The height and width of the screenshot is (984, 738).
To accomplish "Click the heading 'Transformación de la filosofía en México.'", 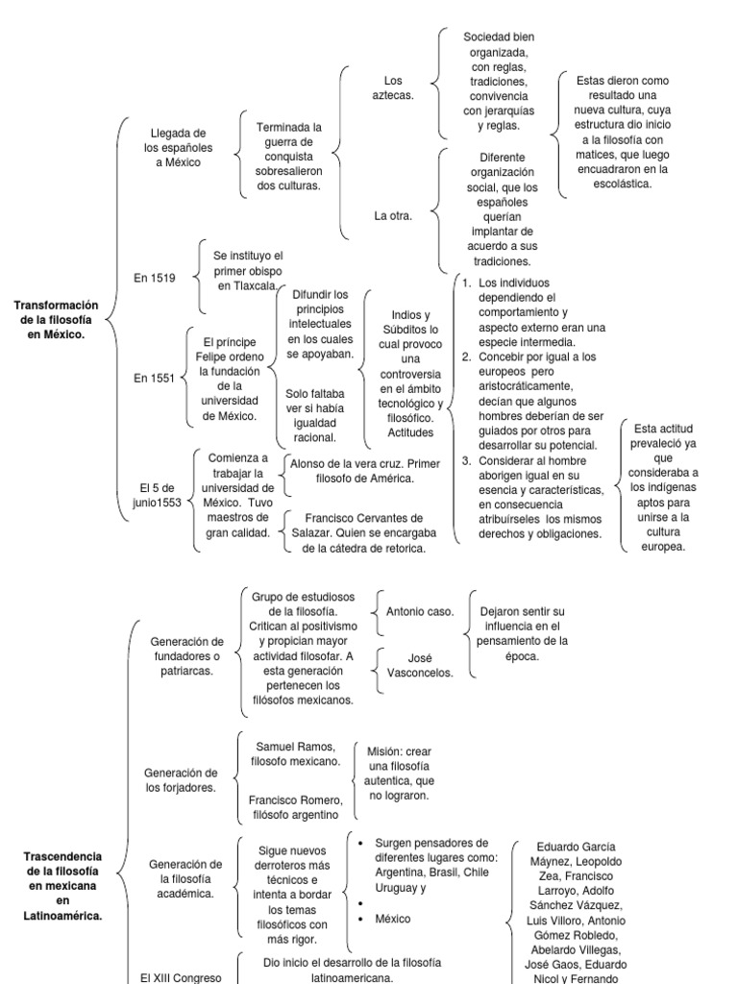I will (x=57, y=320).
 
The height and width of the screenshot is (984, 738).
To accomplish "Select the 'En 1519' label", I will (x=156, y=278).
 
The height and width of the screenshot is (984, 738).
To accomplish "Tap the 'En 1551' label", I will (x=154, y=379).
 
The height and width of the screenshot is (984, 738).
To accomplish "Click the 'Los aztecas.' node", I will (x=392, y=87).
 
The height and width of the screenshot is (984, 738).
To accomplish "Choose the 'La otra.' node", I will (x=393, y=215).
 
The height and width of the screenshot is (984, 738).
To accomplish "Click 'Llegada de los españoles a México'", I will (x=180, y=148).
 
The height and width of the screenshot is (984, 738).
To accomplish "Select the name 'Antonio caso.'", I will (x=420, y=611).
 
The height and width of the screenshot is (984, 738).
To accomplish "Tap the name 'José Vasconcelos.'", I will (x=417, y=666).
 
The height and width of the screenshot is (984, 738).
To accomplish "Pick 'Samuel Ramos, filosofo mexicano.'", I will (x=295, y=753).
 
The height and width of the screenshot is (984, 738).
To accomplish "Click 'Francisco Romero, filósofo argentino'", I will (x=295, y=807).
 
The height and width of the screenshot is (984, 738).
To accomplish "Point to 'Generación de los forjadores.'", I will (x=181, y=779).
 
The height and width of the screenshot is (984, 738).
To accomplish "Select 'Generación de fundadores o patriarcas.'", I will (x=187, y=655).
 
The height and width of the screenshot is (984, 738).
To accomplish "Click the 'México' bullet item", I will (x=393, y=919).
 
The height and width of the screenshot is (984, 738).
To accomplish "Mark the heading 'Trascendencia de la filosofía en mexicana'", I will (x=62, y=885).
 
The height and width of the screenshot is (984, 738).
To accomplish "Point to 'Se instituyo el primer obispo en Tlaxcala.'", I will (x=249, y=271).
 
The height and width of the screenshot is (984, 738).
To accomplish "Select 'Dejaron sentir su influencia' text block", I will (x=523, y=633).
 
